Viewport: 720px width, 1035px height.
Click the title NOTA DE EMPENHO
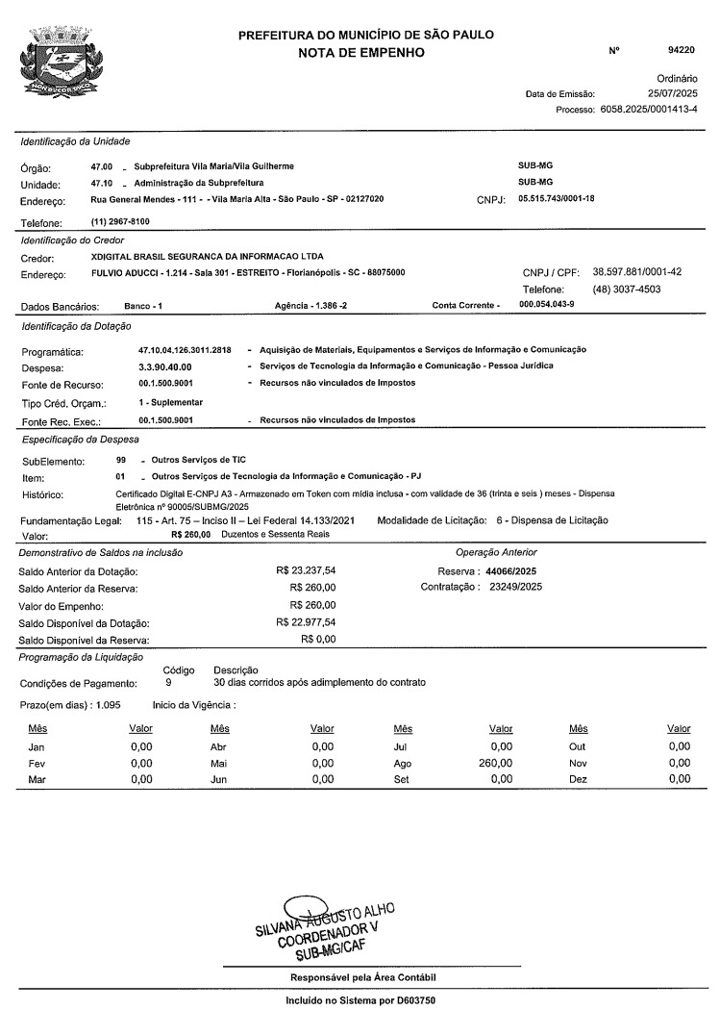370,52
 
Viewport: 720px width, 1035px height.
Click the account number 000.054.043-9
548,305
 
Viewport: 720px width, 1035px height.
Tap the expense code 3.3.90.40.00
166,366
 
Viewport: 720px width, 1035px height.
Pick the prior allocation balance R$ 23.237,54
305,570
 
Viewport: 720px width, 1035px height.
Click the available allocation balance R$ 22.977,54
305,622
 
